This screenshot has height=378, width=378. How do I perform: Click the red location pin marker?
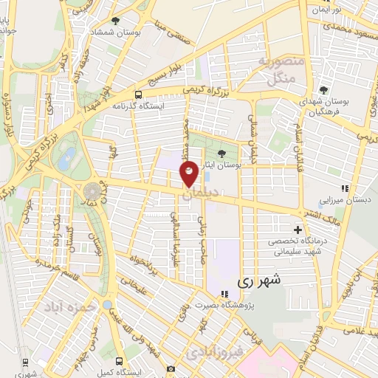pyautogui.click(x=189, y=174)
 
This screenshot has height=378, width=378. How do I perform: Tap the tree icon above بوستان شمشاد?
pyautogui.click(x=115, y=21)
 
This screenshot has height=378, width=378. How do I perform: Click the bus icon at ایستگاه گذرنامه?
pyautogui.click(x=138, y=94)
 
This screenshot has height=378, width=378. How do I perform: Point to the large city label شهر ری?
pyautogui.click(x=254, y=282)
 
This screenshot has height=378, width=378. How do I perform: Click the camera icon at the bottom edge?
pyautogui.click(x=171, y=368)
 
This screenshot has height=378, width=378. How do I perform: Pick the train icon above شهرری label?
pyautogui.click(x=25, y=362)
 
